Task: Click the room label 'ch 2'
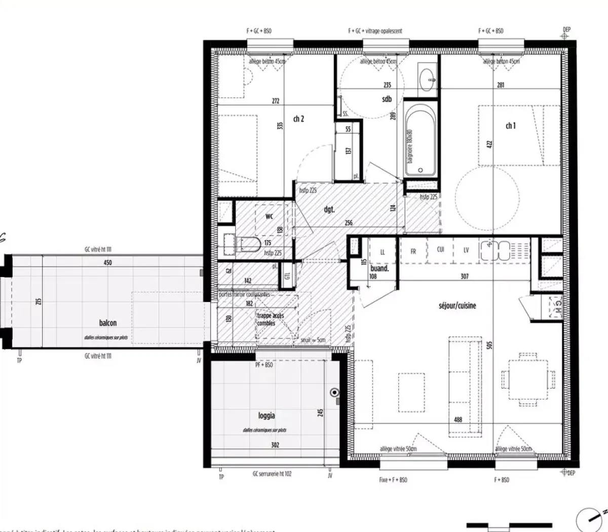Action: coord(298,119)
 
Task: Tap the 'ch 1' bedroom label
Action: coord(510,126)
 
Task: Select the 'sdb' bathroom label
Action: coord(387,99)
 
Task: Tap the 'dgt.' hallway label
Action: coord(329,209)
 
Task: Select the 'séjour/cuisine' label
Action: coord(457,306)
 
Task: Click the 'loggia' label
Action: coord(267,415)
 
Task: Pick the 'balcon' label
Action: coord(108,323)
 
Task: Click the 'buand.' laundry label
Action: coord(379,269)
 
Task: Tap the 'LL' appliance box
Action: coord(383,251)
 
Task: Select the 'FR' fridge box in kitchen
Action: coord(413,251)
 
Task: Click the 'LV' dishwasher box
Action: coord(466,250)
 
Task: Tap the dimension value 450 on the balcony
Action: coord(107,262)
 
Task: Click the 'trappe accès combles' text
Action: coord(271,319)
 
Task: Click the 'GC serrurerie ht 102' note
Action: coord(272,474)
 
